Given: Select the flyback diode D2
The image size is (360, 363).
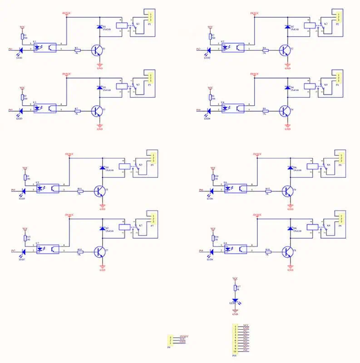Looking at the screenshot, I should (x=286, y=27).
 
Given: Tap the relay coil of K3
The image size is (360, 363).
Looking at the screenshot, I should (x=122, y=85).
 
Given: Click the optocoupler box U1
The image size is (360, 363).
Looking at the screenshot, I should (x=45, y=47).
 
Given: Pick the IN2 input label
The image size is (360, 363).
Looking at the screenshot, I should (x=198, y=49).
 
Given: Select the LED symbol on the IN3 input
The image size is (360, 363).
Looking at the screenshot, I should (x=21, y=110).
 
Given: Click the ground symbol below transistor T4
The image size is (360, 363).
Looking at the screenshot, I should (x=287, y=127).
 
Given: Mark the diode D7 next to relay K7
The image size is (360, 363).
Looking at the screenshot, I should (x=101, y=228).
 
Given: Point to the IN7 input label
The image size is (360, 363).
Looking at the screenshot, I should (x=13, y=251).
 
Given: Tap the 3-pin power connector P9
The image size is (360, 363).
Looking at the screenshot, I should (x=171, y=340).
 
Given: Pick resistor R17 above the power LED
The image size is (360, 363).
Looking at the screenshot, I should (x=235, y=287).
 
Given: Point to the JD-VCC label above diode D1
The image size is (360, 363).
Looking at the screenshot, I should (x=67, y=14).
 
